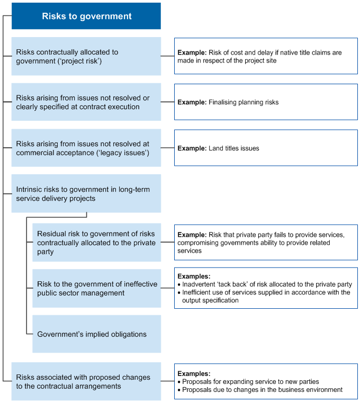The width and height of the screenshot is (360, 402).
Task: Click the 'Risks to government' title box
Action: pyautogui.click(x=87, y=16)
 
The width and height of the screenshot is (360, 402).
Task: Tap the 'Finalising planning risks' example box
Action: pyautogui.click(x=266, y=102)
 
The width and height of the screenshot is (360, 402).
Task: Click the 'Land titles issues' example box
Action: pyautogui.click(x=266, y=148)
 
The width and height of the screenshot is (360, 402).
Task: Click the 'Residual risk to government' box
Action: pyautogui.click(x=96, y=243)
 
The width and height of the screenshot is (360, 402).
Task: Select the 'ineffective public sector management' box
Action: pyautogui.click(x=96, y=288)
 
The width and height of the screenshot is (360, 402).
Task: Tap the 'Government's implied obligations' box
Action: pyautogui.click(x=96, y=334)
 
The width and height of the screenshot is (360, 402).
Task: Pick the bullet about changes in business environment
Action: pyautogui.click(x=262, y=389)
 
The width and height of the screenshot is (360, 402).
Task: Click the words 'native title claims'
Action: pyautogui.click(x=297, y=52)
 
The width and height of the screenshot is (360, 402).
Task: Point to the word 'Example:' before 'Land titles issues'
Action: pyautogui.click(x=192, y=148)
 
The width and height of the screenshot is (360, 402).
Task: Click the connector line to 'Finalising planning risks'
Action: pyautogui.click(x=167, y=102)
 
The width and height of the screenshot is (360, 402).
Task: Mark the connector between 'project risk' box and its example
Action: pyautogui.click(x=167, y=56)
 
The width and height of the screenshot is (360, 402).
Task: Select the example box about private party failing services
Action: pyautogui.click(x=266, y=243)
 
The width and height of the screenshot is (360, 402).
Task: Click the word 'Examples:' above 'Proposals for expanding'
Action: pyautogui.click(x=194, y=373)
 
